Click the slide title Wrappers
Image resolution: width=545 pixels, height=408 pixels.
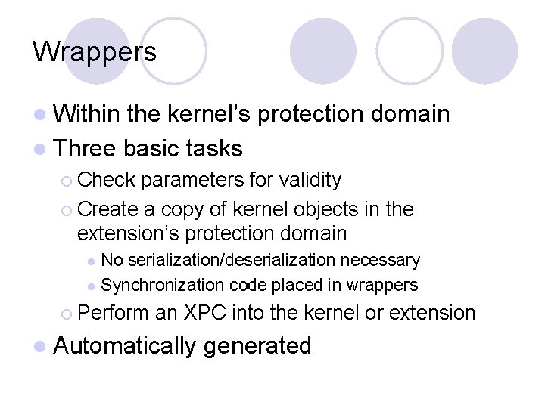tap(95, 51)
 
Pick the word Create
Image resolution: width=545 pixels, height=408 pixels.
tap(105, 209)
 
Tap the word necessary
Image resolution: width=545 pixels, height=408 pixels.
tap(379, 261)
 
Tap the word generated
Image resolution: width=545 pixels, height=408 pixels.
tap(257, 346)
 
